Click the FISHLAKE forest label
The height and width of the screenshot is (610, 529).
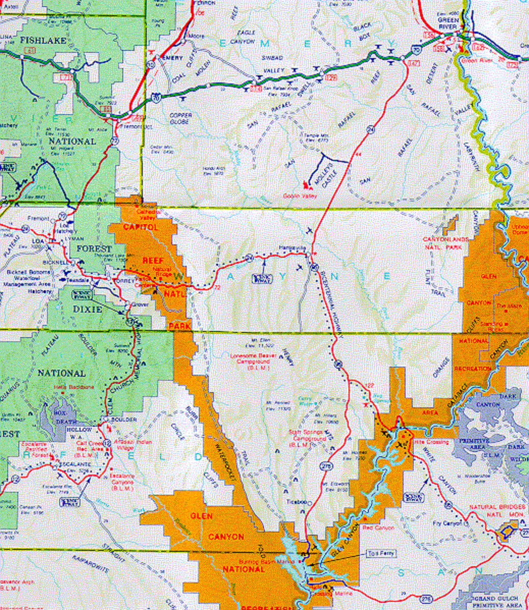tap(43, 40)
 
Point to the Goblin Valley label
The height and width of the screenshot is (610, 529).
tap(300, 196)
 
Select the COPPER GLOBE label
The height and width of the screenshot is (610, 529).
tap(180, 119)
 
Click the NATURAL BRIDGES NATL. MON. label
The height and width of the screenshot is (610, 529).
tap(497, 511)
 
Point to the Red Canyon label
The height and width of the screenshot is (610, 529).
tap(378, 528)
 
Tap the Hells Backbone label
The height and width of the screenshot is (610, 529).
tap(74, 387)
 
